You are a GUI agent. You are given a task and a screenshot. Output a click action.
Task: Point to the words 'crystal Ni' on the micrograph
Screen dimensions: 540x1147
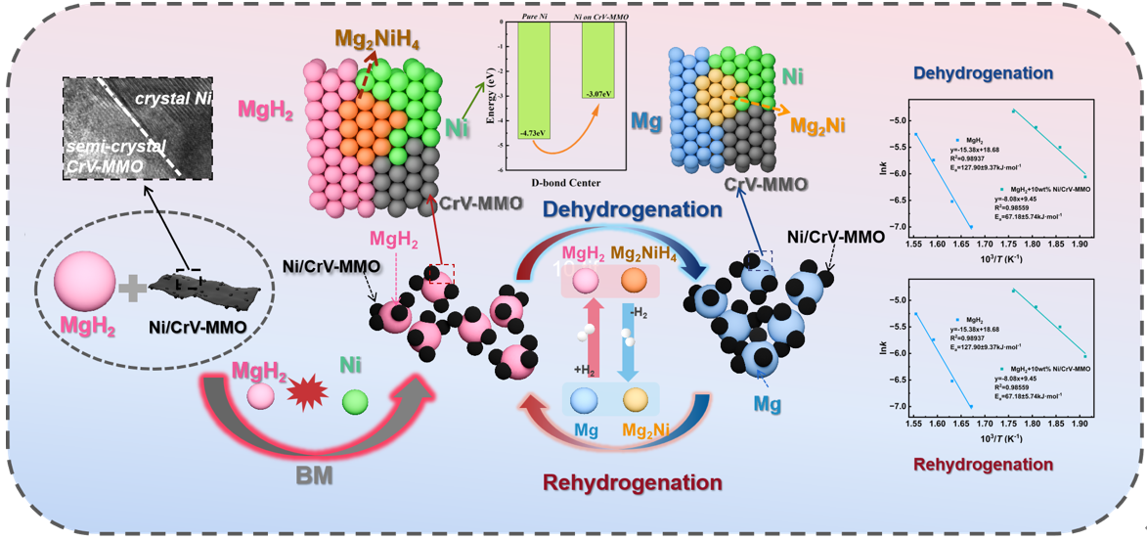click(176, 99)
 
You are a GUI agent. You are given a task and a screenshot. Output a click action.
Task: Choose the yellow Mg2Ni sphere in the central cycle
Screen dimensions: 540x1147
click(636, 401)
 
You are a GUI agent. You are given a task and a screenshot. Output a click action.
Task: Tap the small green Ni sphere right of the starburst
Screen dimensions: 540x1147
click(355, 401)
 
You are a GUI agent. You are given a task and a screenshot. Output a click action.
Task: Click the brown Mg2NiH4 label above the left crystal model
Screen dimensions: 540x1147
click(375, 41)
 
